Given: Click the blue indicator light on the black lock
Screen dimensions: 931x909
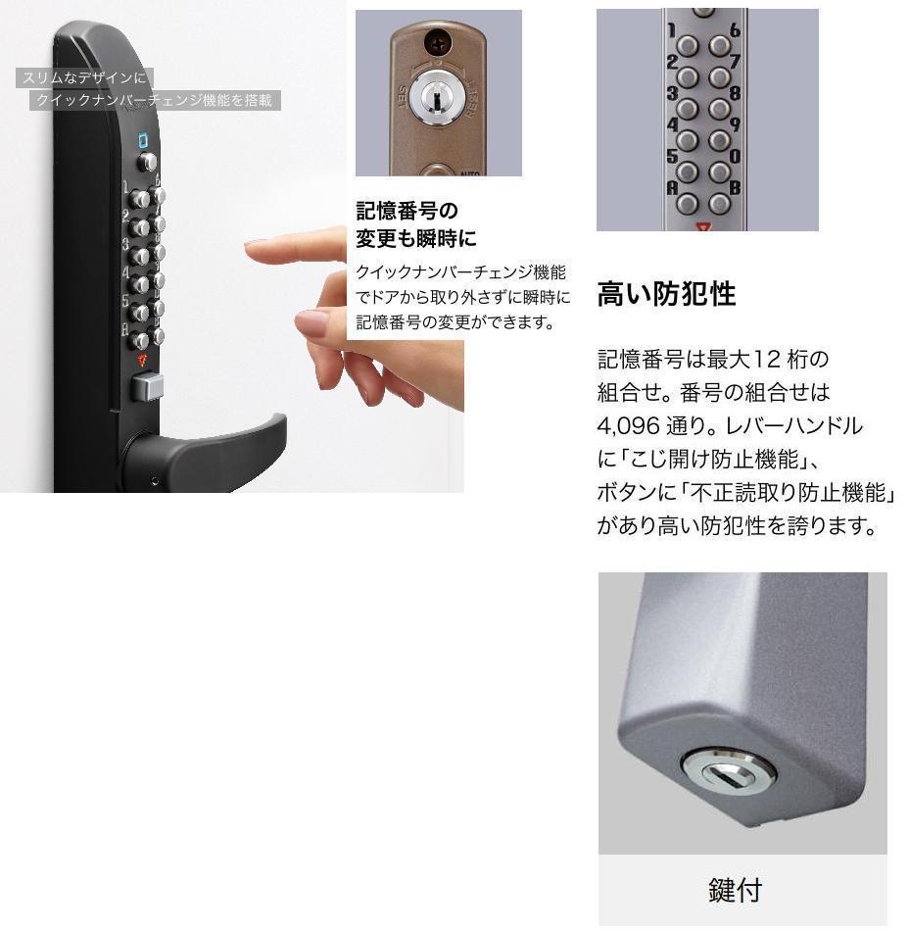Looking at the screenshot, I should click(x=144, y=139).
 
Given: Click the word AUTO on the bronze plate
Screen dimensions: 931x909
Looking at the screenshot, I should click(x=469, y=172).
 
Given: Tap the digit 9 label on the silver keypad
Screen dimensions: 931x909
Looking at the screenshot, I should click(x=734, y=124).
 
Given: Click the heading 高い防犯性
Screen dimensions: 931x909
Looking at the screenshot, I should click(x=666, y=294).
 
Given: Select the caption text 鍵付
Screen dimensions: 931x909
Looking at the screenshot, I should click(x=735, y=890).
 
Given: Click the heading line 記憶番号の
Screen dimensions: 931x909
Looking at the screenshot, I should click(x=407, y=211).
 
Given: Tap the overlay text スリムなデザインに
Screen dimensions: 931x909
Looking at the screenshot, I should click(x=84, y=77).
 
